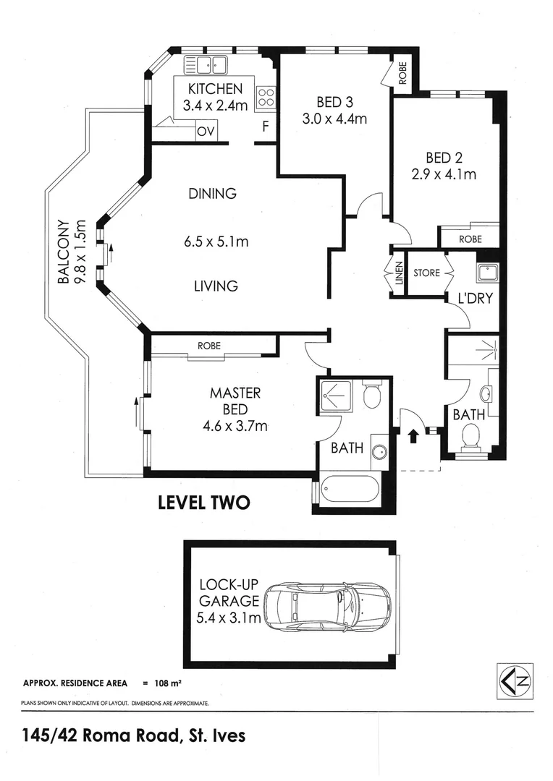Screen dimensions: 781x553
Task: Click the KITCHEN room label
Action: click(x=215, y=89)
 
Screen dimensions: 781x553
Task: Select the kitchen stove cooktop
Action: click(x=266, y=97)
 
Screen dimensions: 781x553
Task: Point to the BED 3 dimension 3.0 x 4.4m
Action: click(x=334, y=119)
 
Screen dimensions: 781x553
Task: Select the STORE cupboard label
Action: click(x=426, y=273)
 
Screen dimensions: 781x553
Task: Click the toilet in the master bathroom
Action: click(x=371, y=396)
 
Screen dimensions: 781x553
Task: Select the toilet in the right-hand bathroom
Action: click(x=471, y=438)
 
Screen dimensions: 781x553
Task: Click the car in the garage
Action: click(x=327, y=605)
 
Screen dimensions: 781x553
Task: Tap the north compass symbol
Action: click(x=515, y=680)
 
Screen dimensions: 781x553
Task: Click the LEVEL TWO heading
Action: click(x=204, y=503)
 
